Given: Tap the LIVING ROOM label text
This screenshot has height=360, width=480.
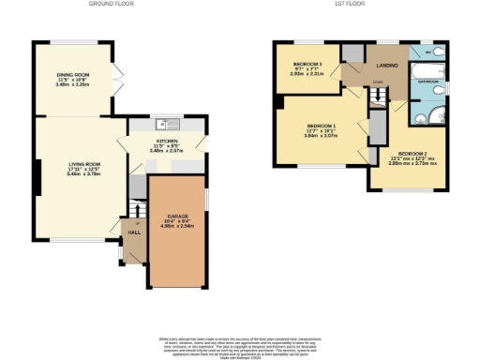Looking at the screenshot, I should [76, 163].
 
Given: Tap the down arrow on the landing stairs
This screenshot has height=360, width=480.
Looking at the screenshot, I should [376, 82].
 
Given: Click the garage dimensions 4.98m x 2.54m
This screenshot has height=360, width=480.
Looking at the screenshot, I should [176, 226].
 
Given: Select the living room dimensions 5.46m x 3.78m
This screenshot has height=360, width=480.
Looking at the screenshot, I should [76, 173].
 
